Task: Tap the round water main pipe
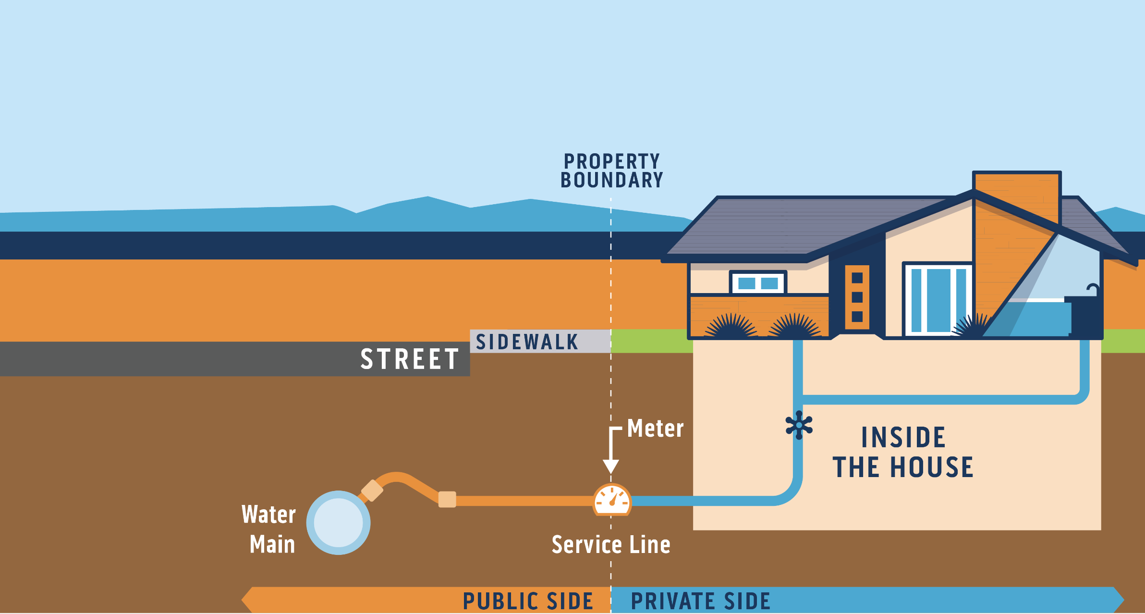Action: (x=338, y=523)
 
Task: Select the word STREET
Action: (x=410, y=359)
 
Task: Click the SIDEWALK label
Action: (x=527, y=342)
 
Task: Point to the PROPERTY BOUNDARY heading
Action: (x=611, y=171)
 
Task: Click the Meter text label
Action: (x=655, y=428)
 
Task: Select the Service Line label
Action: (x=611, y=545)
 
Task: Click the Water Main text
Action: (x=269, y=529)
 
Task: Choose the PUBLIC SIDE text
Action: (x=528, y=601)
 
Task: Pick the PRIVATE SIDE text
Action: (x=700, y=601)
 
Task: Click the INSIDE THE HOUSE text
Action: (x=903, y=452)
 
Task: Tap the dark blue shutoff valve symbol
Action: (x=799, y=425)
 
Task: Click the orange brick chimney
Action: (x=1016, y=202)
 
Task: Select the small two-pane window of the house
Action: (x=758, y=283)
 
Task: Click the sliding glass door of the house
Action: (x=938, y=299)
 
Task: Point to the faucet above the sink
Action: (x=1093, y=289)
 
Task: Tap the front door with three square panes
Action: (x=857, y=297)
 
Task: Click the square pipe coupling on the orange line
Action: (x=447, y=500)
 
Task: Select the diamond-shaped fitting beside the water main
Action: (x=372, y=491)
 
